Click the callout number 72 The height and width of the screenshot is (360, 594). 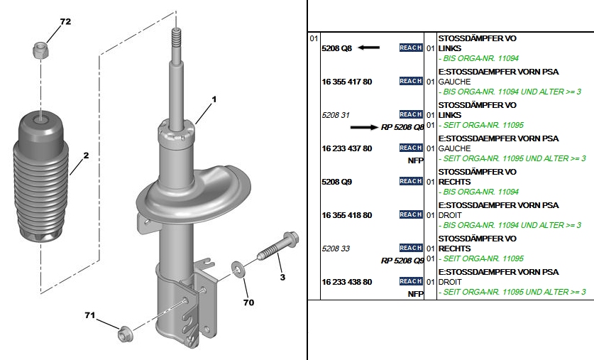[x=65, y=21]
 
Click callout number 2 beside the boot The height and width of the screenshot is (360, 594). [x=86, y=156]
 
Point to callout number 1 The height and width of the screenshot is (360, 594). [x=214, y=99]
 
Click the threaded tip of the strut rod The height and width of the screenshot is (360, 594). [x=176, y=38]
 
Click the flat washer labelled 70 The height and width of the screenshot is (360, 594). [x=238, y=268]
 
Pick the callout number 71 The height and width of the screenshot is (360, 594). [x=90, y=315]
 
